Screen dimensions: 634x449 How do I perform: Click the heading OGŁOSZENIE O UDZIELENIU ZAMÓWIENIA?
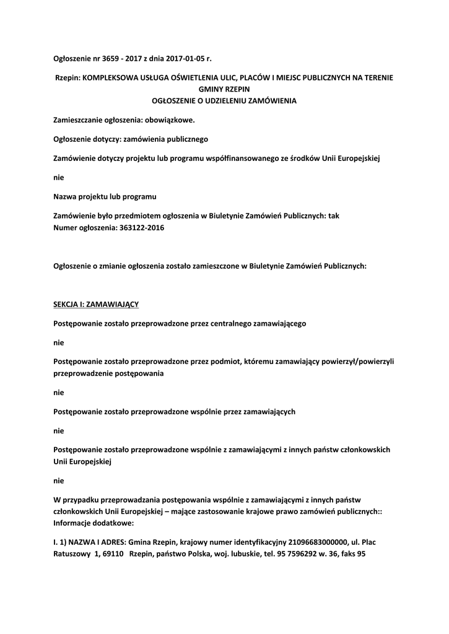[225, 100]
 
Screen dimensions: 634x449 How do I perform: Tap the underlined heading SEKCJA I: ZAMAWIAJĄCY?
[97, 305]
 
